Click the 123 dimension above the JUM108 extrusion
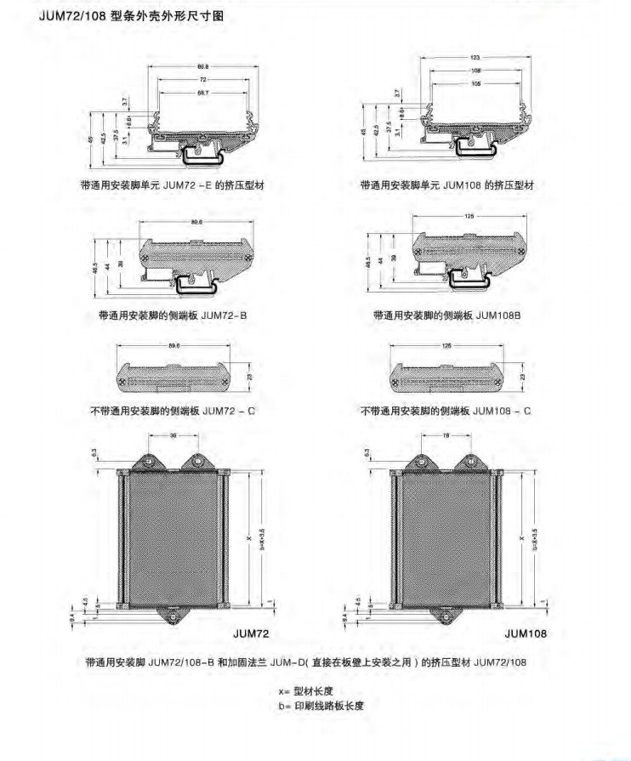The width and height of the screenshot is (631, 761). pos(475,57)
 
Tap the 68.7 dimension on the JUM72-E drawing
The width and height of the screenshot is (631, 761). pos(202,90)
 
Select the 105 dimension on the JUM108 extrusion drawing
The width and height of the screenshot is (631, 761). pos(475,85)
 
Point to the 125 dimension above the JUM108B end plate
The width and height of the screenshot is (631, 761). pos(470,216)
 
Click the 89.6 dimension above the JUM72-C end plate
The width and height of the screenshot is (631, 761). pos(173,346)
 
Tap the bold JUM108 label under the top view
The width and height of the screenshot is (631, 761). pos(525,633)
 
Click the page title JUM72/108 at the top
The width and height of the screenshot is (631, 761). pos(73,14)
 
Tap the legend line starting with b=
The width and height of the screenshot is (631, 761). pos(320,706)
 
